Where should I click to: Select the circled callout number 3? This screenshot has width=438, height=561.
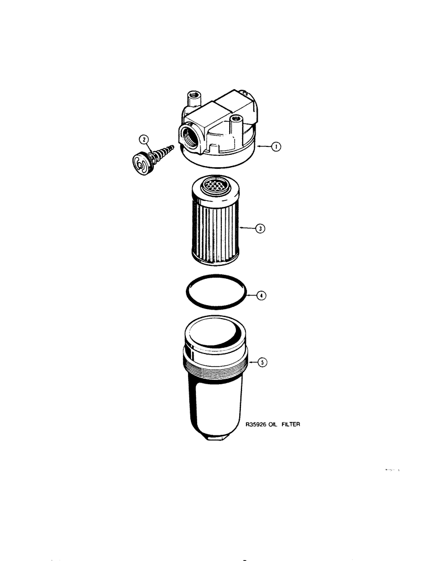click(261, 229)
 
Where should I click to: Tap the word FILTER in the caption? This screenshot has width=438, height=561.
click(290, 425)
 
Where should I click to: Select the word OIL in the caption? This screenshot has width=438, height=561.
click(273, 425)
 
